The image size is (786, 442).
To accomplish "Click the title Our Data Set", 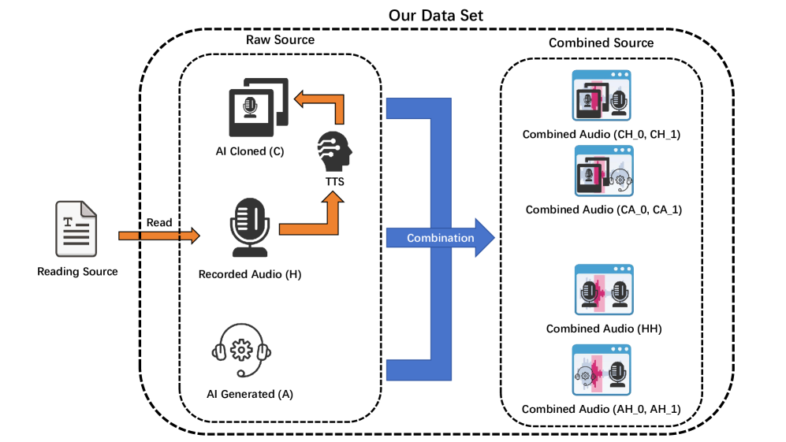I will point(437,15).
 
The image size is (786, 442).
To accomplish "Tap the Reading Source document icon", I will point(76,228).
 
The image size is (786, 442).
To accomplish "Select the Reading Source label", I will point(77,272).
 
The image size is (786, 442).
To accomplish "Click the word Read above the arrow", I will point(159,222).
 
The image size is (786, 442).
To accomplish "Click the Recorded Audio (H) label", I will point(250,274).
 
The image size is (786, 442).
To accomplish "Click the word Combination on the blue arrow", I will point(440,238).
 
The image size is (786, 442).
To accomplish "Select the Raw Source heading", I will point(280,39).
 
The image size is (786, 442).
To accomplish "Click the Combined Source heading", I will point(601,43).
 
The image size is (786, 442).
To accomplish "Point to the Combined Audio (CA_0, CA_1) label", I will point(603,210).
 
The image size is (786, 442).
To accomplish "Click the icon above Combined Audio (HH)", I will point(603,290).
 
